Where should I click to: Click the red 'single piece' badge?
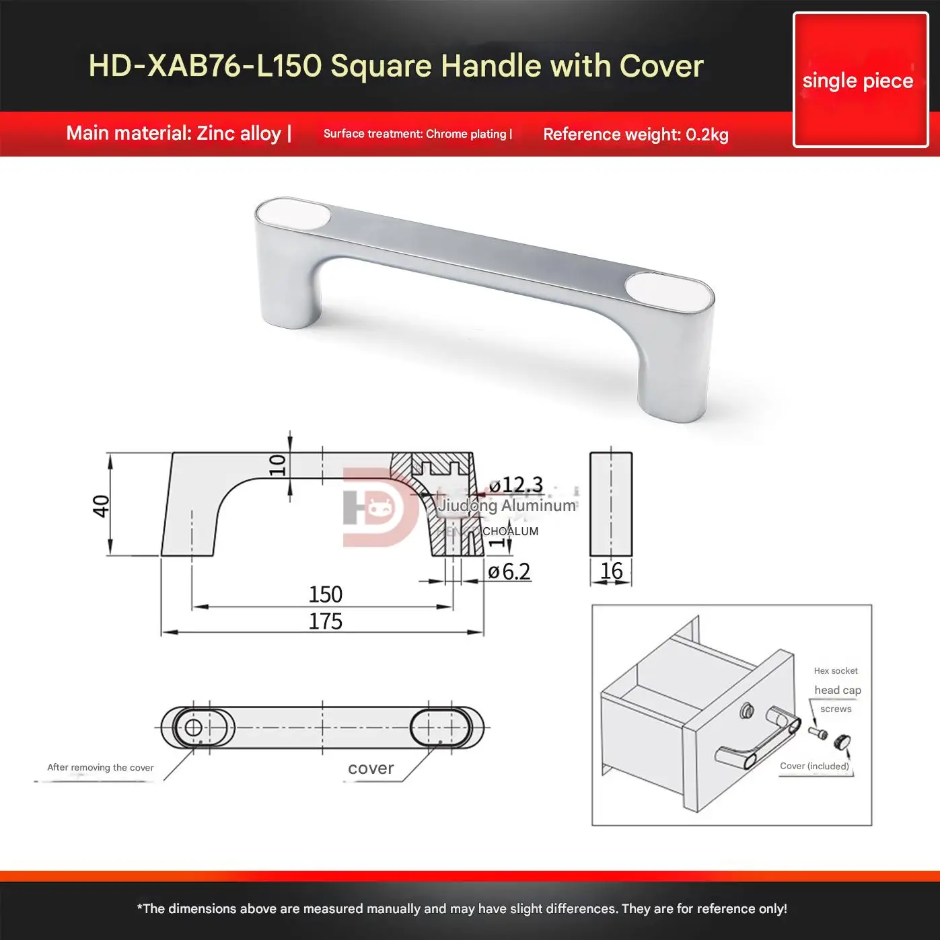860,80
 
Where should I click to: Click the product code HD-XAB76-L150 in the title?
205,66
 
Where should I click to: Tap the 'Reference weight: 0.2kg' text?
635,134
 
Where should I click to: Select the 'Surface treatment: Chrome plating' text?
417,134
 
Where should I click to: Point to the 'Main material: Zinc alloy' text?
178,133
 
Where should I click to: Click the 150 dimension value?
325,594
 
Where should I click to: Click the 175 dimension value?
325,621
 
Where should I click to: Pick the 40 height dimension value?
101,506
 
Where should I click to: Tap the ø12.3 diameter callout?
516,484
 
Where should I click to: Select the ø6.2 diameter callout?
509,572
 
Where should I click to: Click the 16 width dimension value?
611,571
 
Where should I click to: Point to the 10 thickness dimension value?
277,465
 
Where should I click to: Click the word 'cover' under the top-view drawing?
371,769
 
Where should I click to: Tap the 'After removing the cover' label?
100,767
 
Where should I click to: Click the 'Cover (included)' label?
814,766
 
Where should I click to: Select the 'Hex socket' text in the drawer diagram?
836,670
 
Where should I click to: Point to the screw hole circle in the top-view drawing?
193,728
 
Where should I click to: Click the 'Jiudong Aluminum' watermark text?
507,506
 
